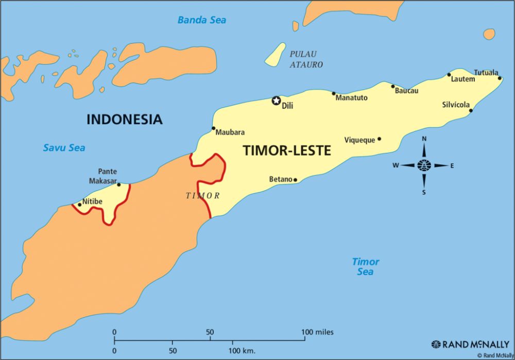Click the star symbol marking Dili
276,100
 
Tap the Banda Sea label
202,20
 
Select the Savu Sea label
64,148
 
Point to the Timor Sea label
365,266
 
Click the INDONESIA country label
124,119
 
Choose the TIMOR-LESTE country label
286,150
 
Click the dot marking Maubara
213,128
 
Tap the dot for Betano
295,180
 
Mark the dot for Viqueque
380,139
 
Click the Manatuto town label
351,98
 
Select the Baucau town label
406,91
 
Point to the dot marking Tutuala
500,78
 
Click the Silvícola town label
456,105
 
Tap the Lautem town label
462,79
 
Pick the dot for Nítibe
79,204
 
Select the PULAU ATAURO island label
306,59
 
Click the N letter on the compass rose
424,139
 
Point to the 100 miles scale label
317,332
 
